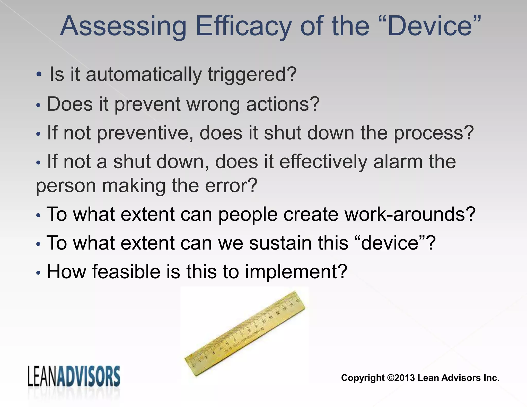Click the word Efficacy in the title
point(243,26)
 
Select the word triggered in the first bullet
point(252,75)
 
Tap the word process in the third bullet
point(434,133)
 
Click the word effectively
point(323,162)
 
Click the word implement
point(296,272)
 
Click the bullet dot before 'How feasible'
point(38,273)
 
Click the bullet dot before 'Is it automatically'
point(39,75)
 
